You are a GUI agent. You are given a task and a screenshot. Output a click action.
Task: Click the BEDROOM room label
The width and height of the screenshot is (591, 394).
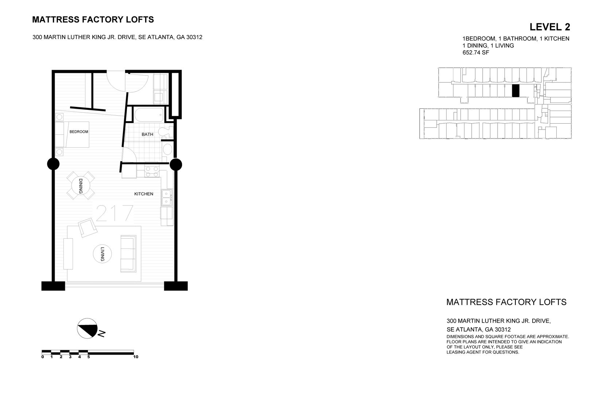coord(79,132)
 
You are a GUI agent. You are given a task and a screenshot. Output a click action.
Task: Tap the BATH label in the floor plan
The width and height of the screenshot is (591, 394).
coord(147,134)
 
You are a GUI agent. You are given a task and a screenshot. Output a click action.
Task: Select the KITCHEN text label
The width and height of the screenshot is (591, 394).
coord(144,194)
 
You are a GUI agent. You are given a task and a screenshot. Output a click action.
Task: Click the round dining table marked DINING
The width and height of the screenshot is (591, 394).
coord(81,186)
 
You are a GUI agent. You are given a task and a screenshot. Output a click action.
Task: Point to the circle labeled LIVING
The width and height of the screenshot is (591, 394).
coord(102,254)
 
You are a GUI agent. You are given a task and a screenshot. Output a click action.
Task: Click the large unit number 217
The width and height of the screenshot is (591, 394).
coord(114,213)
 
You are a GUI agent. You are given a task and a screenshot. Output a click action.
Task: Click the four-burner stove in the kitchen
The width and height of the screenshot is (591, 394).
coord(152,171)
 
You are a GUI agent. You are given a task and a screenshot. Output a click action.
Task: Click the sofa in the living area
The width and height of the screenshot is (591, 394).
coord(128,254)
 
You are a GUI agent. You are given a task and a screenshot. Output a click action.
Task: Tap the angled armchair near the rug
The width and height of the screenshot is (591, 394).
coord(87,228)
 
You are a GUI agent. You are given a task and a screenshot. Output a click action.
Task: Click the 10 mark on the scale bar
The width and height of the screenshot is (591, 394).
coord(136,357)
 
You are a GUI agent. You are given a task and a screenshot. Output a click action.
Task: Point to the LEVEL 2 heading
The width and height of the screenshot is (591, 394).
coord(549,27)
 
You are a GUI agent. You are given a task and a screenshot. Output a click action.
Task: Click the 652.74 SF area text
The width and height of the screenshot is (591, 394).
coord(476,53)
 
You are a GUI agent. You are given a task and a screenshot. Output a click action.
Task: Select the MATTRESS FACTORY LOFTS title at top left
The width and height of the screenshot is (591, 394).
coord(93,20)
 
